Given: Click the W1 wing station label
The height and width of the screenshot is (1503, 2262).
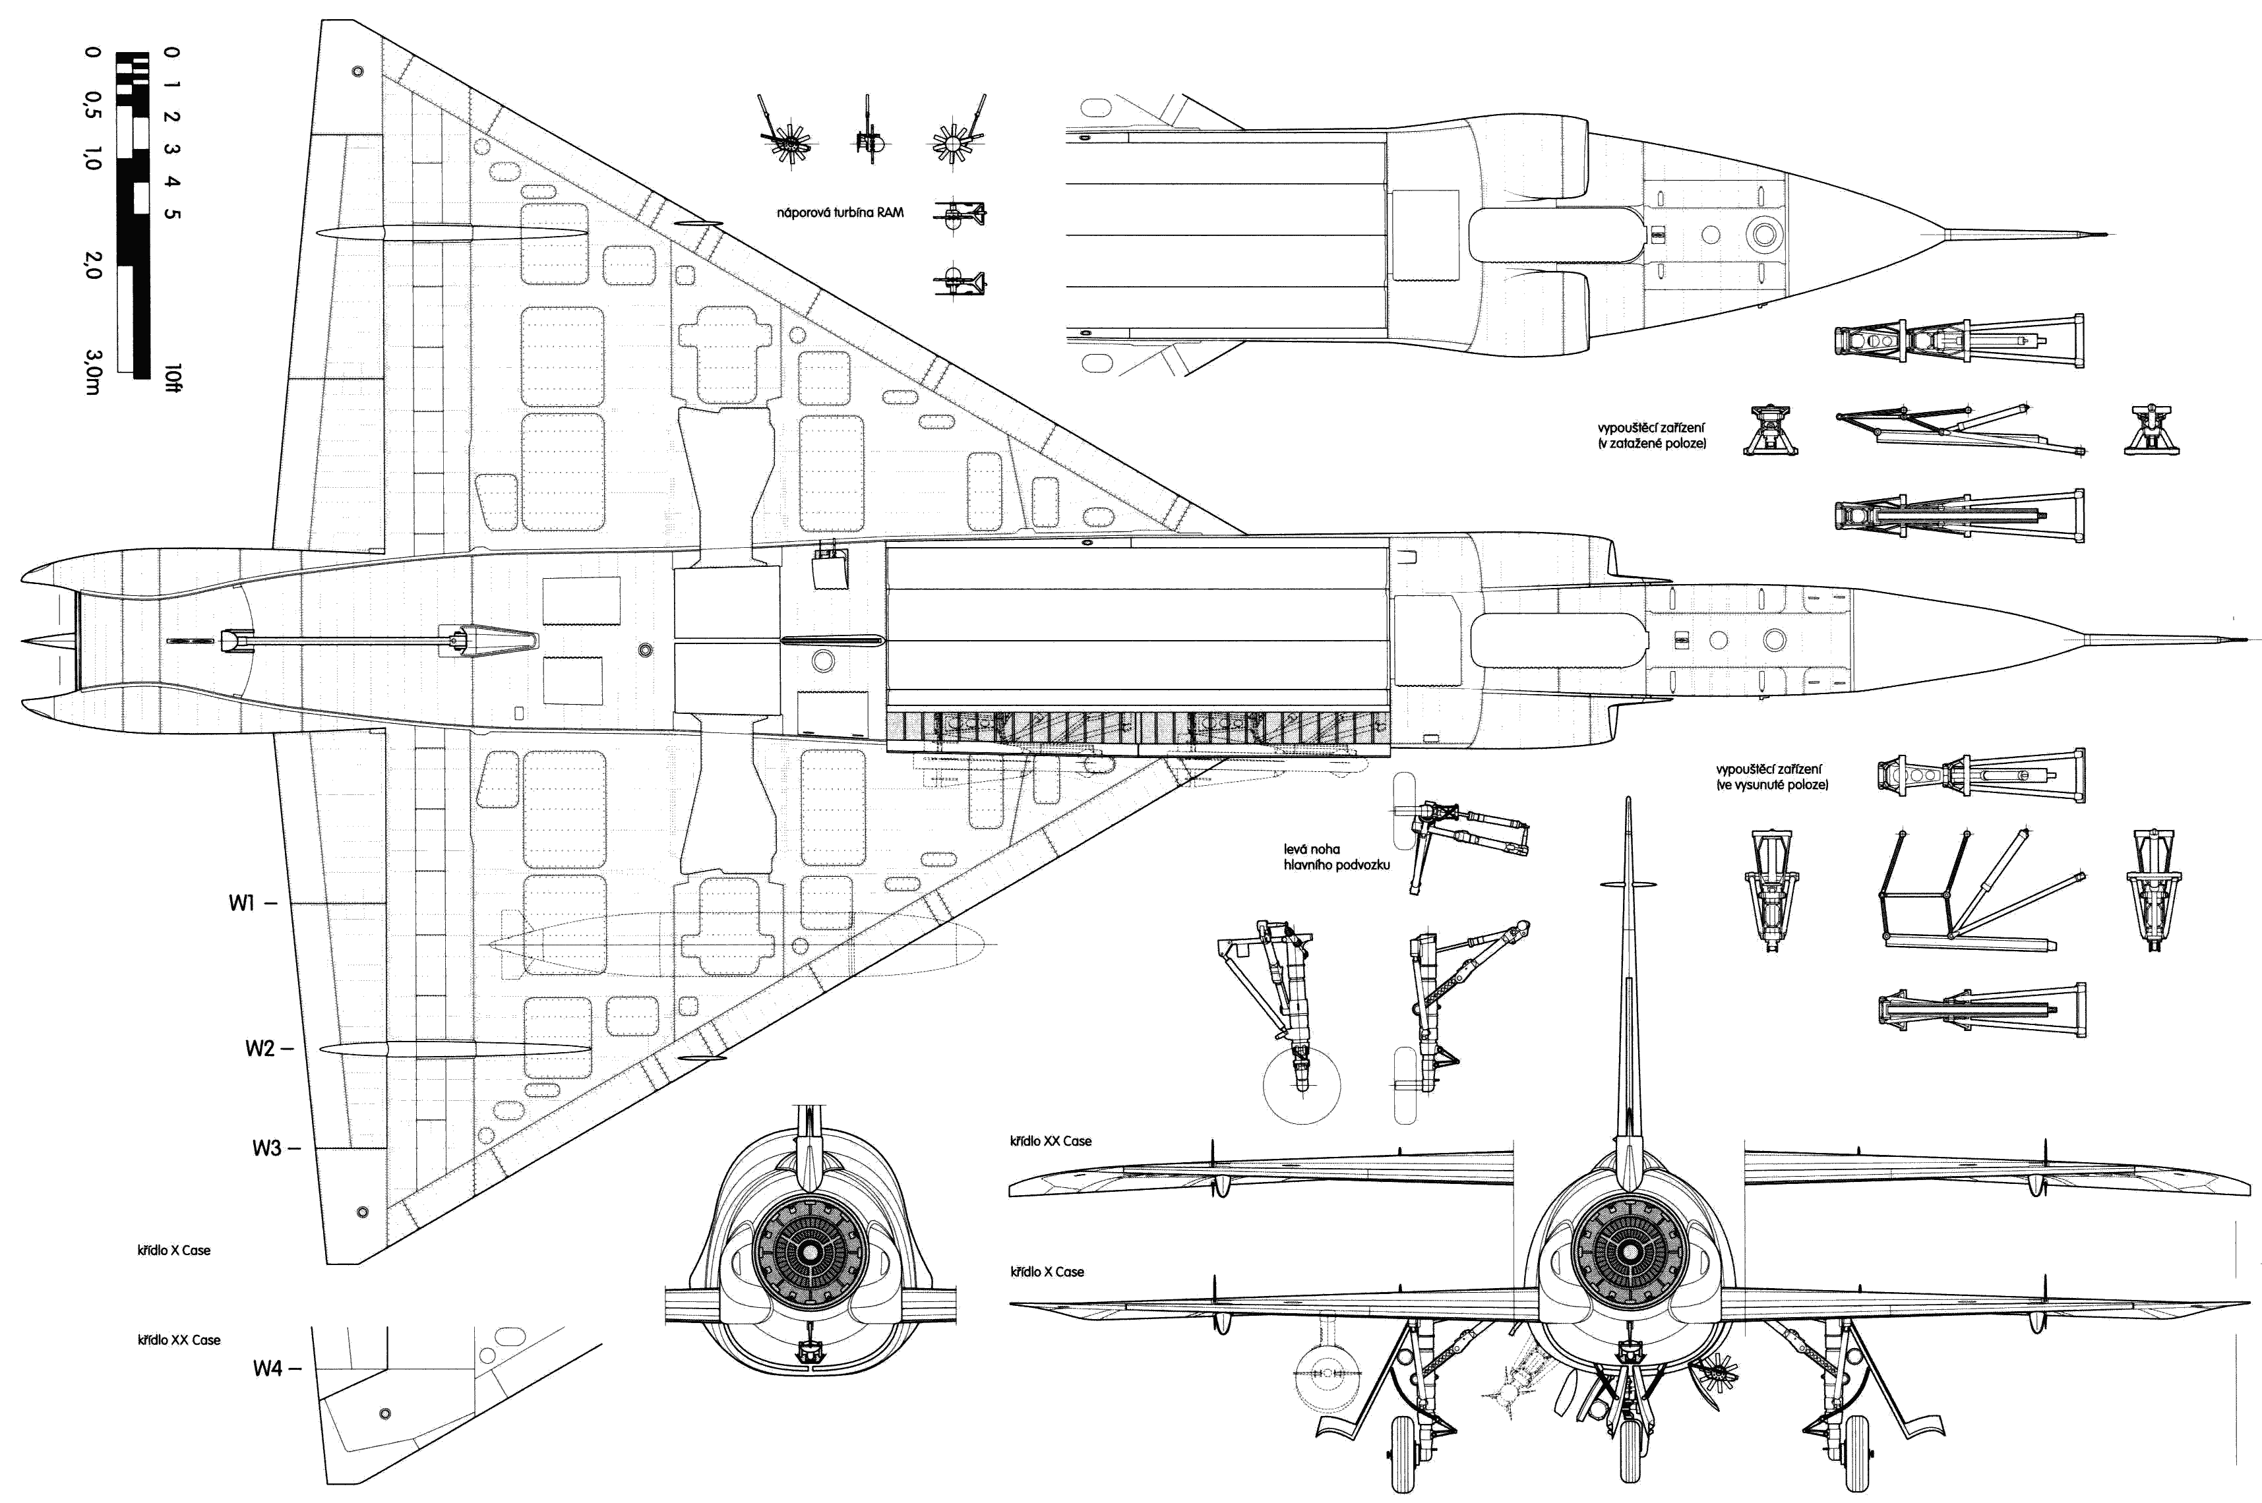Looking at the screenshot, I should coord(241,903).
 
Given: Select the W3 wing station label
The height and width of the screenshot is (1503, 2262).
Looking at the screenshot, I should coord(266,1148).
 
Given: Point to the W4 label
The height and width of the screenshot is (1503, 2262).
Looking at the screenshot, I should coord(268,1369).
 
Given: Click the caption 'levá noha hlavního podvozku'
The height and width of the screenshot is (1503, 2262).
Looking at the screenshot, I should coord(1335,857).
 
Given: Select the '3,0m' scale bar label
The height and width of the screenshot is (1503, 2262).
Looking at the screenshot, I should coord(93,372).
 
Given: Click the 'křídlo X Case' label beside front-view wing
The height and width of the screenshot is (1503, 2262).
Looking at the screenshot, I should coord(1047,1272).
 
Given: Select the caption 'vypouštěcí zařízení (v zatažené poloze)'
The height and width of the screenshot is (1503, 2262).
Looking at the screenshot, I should coord(1651,436).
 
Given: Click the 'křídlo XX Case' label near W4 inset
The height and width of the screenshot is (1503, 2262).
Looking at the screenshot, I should coord(178,1340).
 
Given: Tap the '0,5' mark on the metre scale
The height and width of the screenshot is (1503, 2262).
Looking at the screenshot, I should coord(93,107).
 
